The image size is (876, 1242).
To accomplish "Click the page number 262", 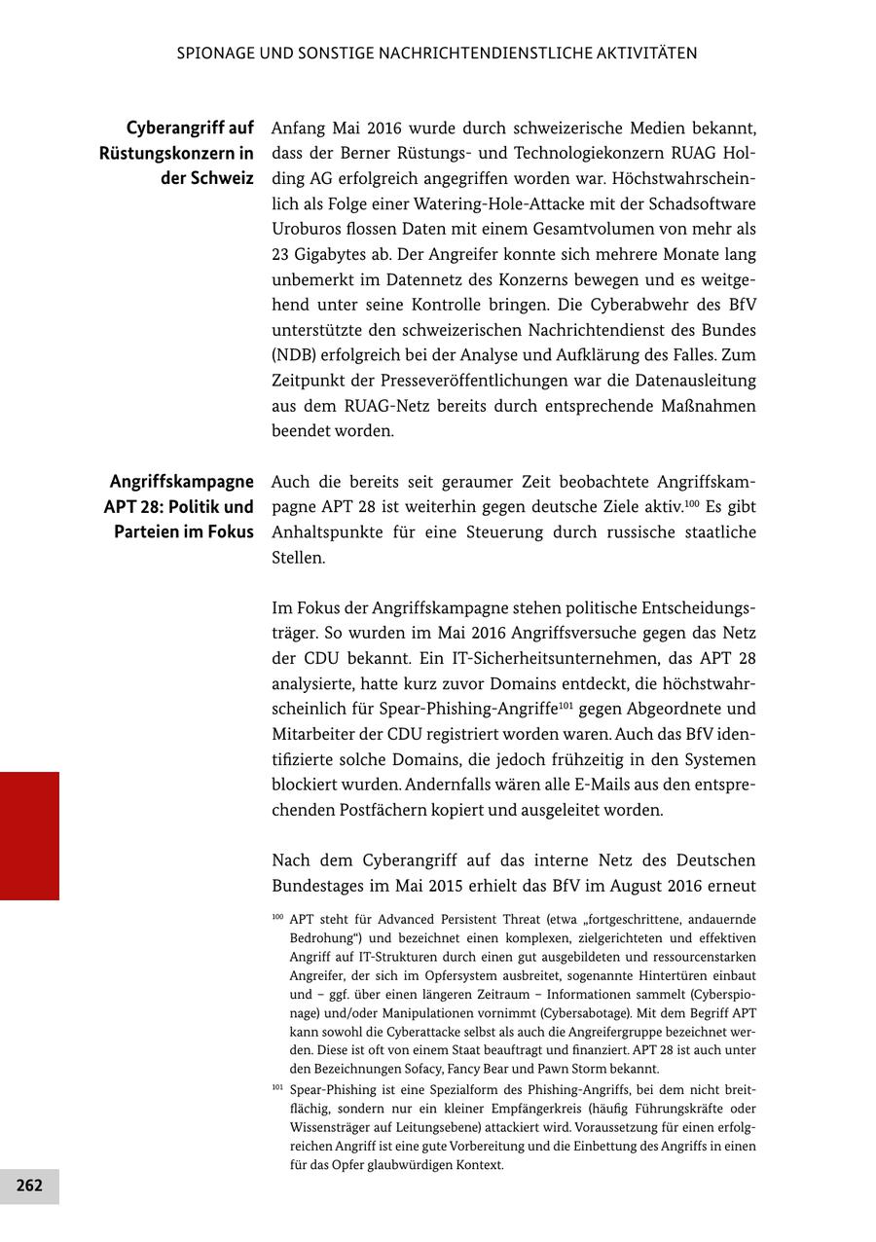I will click(29, 1185).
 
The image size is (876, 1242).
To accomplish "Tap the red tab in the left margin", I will click(29, 835).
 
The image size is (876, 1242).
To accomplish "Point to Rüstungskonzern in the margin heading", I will click(176, 153).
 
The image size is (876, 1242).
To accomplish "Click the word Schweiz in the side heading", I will click(222, 178).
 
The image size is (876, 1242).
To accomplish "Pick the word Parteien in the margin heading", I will click(146, 532).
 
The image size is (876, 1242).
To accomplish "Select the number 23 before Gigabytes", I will click(281, 254).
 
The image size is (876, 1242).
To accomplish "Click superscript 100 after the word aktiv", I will click(694, 502).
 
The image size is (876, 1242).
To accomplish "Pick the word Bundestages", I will click(316, 886).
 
